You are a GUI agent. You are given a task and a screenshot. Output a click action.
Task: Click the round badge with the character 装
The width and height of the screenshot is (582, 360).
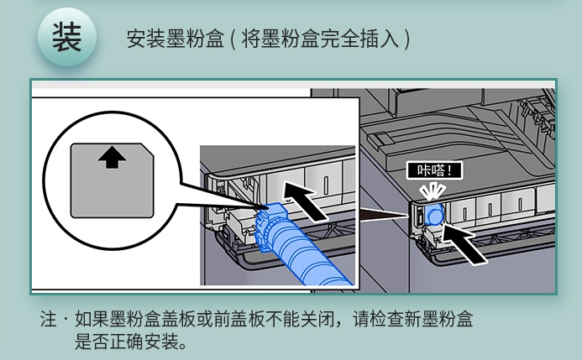(x=67, y=38)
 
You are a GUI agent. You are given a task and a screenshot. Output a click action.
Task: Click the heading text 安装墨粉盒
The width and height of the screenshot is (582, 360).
(x=176, y=39)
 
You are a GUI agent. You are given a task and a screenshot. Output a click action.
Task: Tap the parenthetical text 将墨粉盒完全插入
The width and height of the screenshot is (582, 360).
(x=320, y=39)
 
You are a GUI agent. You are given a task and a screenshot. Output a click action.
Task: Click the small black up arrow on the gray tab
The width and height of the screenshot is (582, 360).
(x=112, y=158)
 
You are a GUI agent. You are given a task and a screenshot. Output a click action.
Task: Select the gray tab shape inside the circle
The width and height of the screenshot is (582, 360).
(x=112, y=180)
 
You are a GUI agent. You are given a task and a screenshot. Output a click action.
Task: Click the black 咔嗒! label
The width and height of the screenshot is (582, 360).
(x=434, y=170)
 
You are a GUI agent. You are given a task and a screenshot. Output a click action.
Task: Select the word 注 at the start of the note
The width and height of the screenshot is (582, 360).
(x=48, y=319)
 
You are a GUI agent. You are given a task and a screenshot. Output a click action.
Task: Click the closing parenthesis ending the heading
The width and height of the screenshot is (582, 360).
(x=407, y=39)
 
